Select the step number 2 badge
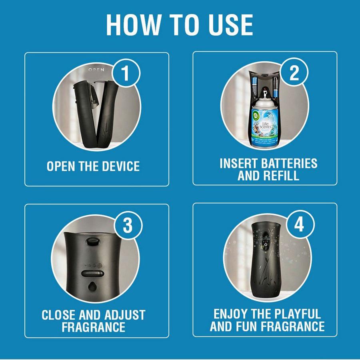coord(294,74)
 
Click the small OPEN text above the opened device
coord(96,70)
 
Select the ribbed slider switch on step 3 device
coord(92,274)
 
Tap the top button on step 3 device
coord(92,242)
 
